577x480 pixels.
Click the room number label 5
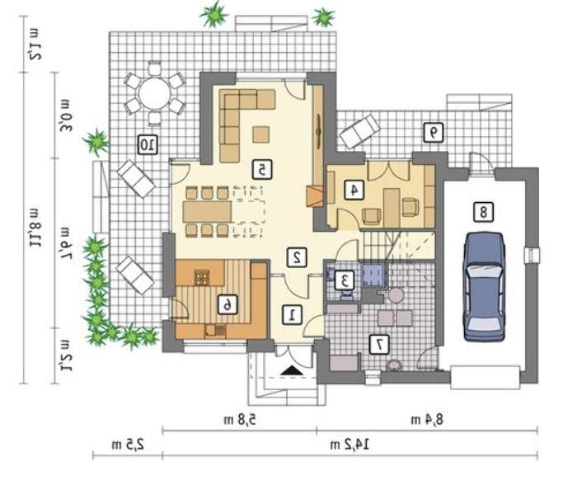point(262,170)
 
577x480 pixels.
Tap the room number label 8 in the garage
point(483,212)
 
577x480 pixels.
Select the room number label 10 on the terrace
point(148,144)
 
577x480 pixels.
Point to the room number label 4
point(354,190)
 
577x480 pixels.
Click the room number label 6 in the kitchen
point(228,304)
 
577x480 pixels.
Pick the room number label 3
point(345,280)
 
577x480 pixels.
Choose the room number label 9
point(433,132)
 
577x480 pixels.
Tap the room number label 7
point(379,345)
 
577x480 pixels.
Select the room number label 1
point(293,315)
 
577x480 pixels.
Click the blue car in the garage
point(483,287)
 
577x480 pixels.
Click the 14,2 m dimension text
point(350,445)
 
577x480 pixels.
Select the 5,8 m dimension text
point(240,420)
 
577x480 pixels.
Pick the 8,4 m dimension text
point(427,420)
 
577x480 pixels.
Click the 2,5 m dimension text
point(128,445)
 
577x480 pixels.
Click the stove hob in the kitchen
point(201,277)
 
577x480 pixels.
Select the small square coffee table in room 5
point(260,134)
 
